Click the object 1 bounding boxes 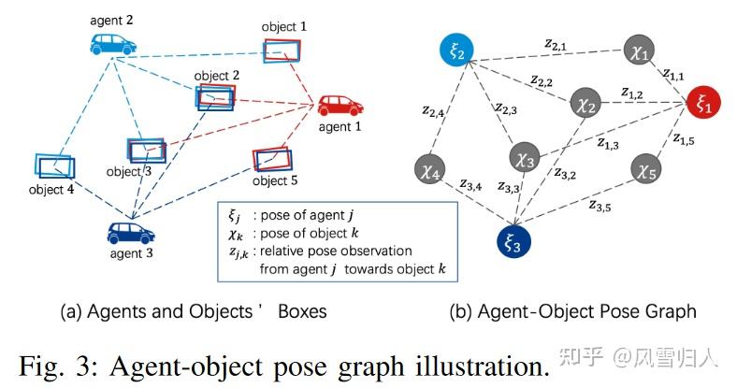click(282, 51)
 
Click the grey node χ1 click(642, 54)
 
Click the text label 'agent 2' click(113, 18)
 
